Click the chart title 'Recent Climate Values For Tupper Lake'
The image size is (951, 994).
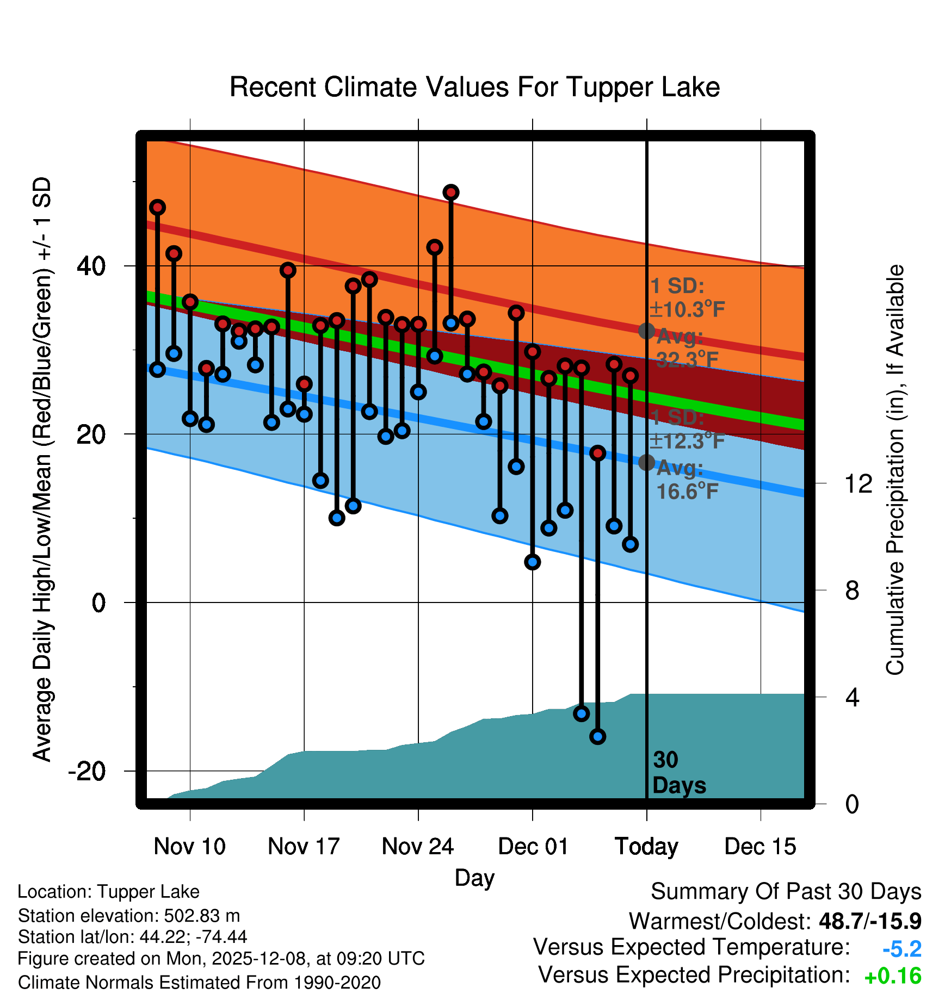point(474,88)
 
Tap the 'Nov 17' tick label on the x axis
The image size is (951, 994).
point(304,846)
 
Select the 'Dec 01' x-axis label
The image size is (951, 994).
point(533,846)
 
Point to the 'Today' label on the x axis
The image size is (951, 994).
point(646,846)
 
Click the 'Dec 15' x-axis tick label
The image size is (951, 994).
point(760,846)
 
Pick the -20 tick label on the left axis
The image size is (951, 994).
point(87,771)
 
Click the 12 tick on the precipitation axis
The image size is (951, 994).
point(858,483)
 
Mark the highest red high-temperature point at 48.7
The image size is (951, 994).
point(450,192)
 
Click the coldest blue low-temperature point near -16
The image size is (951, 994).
point(597,737)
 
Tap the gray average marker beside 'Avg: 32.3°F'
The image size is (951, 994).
point(646,331)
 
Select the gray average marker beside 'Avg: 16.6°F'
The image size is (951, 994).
point(646,462)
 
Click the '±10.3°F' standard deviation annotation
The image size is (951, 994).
point(687,310)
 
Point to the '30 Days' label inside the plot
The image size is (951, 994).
point(678,773)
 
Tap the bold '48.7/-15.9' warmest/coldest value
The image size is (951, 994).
point(870,921)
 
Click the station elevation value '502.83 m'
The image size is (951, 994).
point(202,916)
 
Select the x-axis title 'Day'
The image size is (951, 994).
point(474,878)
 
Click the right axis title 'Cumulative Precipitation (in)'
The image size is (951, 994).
point(895,470)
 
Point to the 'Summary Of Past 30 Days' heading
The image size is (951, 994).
point(786,892)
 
